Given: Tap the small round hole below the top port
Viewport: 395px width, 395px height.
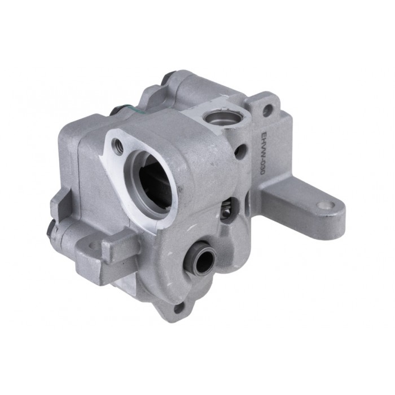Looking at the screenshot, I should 241,151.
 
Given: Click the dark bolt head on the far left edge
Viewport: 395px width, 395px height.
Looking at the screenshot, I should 51,228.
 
